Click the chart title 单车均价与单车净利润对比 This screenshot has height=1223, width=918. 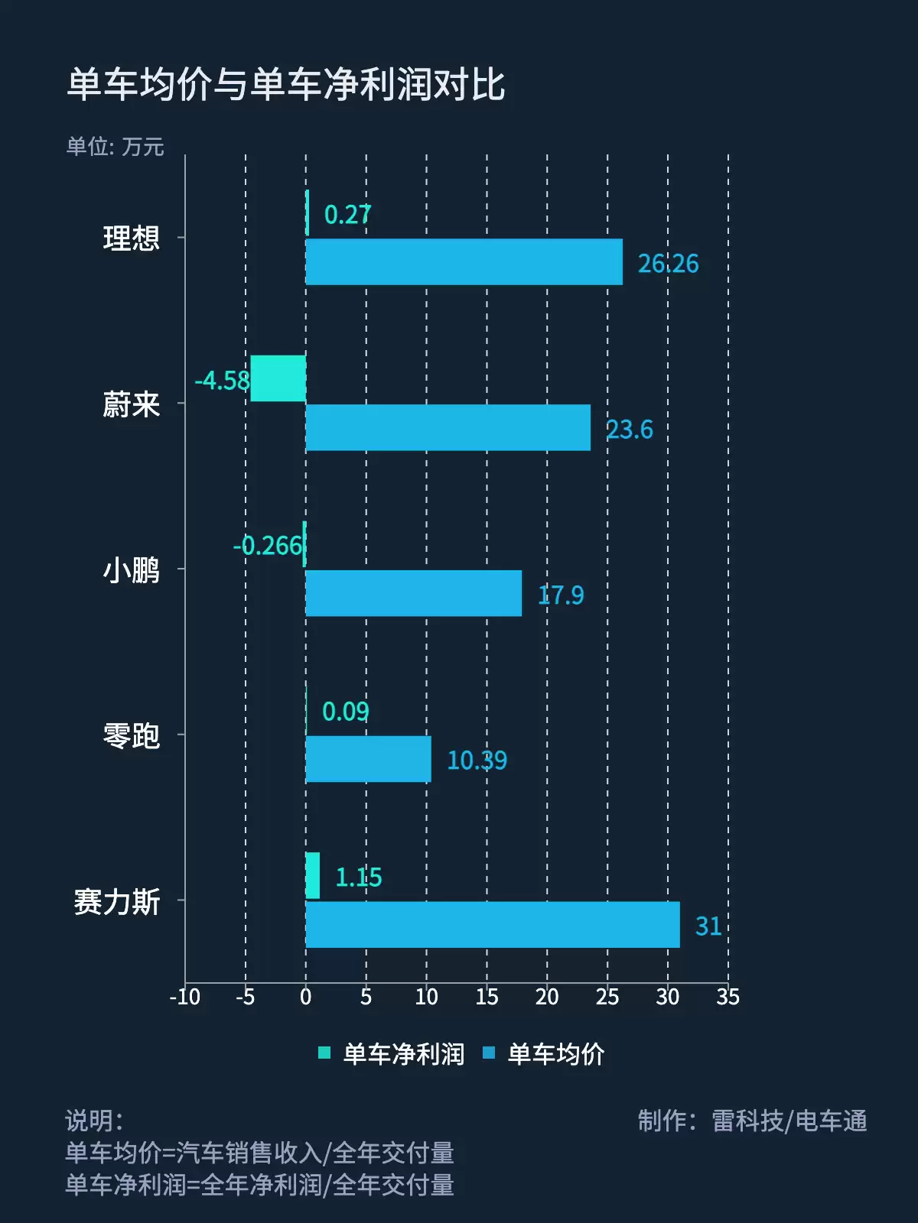(285, 84)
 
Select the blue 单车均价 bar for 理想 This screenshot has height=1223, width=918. (464, 262)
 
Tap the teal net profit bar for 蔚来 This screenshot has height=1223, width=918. (278, 378)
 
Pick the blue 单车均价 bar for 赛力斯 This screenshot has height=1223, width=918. (492, 925)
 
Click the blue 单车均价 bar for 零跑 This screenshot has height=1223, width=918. (368, 759)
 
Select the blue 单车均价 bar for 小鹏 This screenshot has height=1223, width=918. (413, 593)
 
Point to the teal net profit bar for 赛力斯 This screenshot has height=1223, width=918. (312, 876)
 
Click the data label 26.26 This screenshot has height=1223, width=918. (668, 264)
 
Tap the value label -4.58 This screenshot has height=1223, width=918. (222, 380)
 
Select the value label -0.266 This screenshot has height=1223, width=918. (268, 546)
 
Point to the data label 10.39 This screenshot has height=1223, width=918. (477, 761)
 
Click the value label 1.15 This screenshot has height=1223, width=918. (358, 878)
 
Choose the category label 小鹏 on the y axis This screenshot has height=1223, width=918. (131, 570)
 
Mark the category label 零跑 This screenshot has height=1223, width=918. (131, 736)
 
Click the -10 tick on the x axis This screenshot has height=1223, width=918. (184, 997)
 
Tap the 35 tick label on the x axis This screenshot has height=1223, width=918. (728, 997)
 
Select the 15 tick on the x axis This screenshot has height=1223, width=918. (487, 997)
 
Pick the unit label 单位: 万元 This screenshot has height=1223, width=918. (115, 147)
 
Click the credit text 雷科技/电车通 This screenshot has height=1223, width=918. (789, 1121)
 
